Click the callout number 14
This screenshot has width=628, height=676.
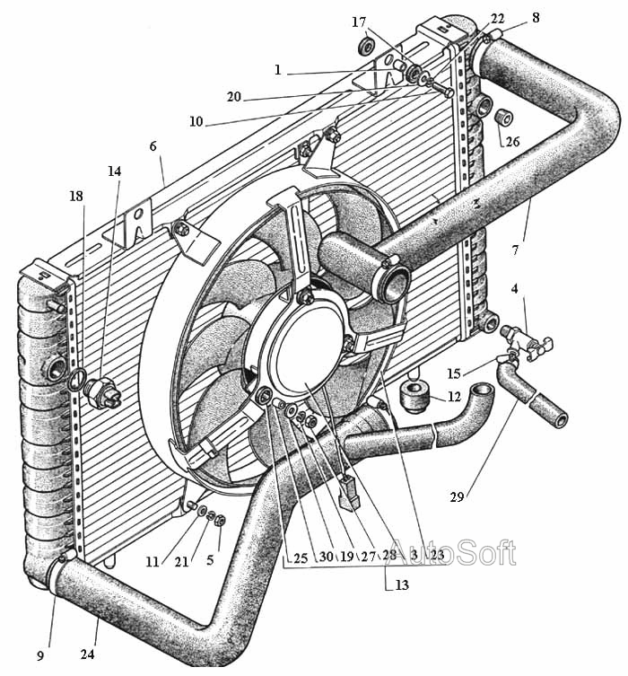pos(114,171)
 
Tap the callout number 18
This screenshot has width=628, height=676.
pos(76,197)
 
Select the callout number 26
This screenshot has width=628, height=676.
pos(512,142)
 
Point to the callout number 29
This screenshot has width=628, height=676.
pos(457,497)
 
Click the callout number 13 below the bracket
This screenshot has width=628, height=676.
pos(401,585)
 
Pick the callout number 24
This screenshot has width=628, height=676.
pos(87,654)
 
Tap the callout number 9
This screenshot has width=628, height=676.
pos(40,656)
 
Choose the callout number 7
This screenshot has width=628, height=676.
pos(515,250)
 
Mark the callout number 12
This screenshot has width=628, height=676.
pos(454,396)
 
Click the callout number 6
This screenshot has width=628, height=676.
pos(153,146)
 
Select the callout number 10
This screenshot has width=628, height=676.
pos(196,121)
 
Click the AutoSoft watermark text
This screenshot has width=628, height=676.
pos(455,552)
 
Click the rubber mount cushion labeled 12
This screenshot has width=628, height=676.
pos(414,396)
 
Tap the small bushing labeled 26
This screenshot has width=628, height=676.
pos(504,118)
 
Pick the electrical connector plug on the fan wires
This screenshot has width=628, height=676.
pos(350,492)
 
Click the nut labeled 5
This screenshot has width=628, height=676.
pos(220,521)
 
